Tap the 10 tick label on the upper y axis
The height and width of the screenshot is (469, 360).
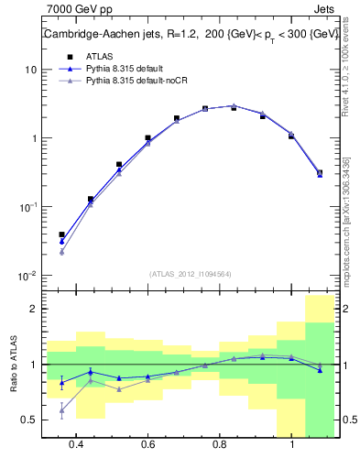pyautogui.click(x=31, y=71)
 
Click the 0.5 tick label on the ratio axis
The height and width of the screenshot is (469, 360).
pyautogui.click(x=29, y=420)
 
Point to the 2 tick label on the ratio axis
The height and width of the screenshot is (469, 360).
pyautogui.click(x=33, y=310)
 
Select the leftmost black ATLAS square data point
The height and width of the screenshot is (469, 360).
pyautogui.click(x=61, y=235)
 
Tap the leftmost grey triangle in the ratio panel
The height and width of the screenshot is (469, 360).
pyautogui.click(x=61, y=410)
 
